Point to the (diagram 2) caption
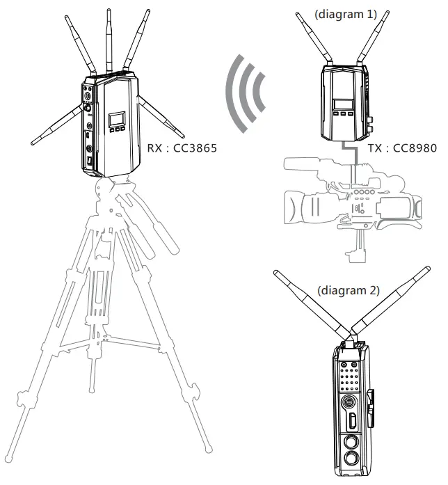(x=347, y=289)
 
